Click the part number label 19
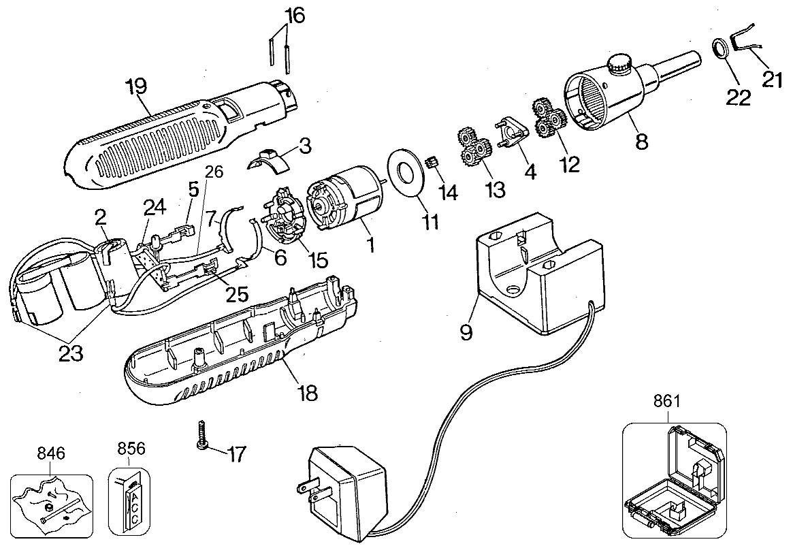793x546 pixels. (137, 88)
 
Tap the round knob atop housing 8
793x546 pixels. (619, 66)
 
